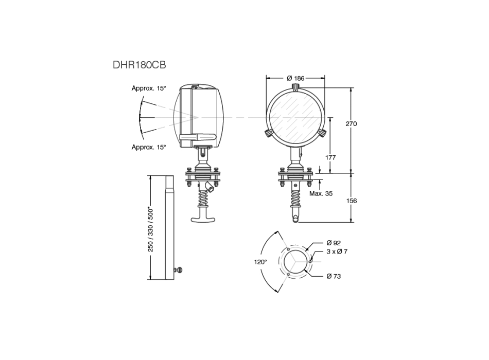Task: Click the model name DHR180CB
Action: [139, 65]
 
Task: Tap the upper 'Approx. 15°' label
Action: [149, 88]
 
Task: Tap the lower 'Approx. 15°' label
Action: [149, 147]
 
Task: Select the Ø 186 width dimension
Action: [295, 78]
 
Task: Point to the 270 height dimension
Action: [352, 124]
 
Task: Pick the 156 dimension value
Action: [352, 201]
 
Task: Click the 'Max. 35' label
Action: [321, 194]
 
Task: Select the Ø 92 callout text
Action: [334, 243]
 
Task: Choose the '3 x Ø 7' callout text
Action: [337, 251]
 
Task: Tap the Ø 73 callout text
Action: [334, 276]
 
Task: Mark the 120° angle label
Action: [260, 262]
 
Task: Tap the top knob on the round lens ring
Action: [295, 85]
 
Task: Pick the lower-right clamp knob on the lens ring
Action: [322, 133]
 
